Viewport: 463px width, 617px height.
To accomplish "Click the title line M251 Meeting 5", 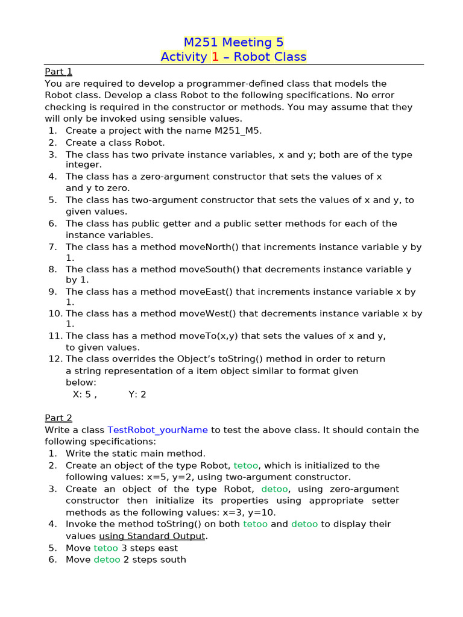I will pyautogui.click(x=233, y=42).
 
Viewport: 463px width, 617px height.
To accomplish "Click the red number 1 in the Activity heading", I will pyautogui.click(x=215, y=57).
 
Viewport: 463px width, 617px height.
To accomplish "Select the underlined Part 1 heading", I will pyautogui.click(x=58, y=72).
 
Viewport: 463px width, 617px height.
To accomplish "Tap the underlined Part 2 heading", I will pyautogui.click(x=58, y=418).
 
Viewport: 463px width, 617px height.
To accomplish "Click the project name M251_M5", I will pyautogui.click(x=238, y=131).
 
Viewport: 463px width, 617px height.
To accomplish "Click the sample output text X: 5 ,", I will pyautogui.click(x=84, y=395).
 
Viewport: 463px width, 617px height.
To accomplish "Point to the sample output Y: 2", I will pyautogui.click(x=137, y=395).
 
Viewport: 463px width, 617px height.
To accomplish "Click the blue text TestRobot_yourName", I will pyautogui.click(x=157, y=430).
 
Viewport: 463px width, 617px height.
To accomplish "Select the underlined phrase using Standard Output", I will pyautogui.click(x=153, y=536).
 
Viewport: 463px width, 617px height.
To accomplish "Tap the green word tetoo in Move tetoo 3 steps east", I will pyautogui.click(x=106, y=548).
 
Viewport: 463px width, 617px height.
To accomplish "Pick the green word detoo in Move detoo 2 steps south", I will pyautogui.click(x=107, y=560).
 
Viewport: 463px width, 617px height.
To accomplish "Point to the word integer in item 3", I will pyautogui.click(x=84, y=164).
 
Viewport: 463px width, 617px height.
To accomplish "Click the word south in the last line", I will pyautogui.click(x=172, y=560).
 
